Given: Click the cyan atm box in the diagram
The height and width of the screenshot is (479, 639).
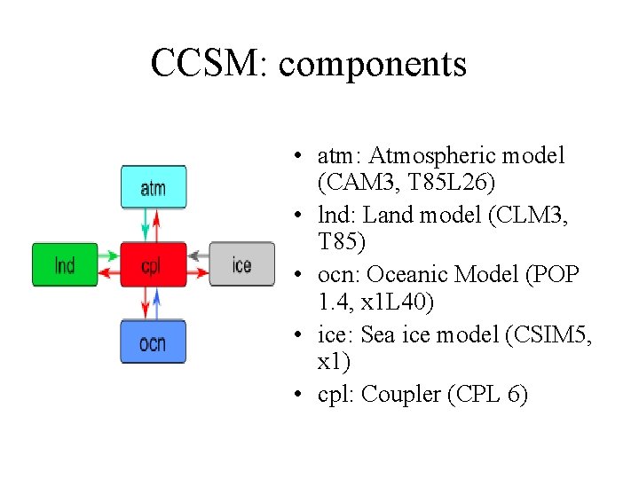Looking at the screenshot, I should [154, 187].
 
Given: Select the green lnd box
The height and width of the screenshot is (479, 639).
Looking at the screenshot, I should [65, 264].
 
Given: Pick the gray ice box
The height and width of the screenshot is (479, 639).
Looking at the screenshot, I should [241, 264].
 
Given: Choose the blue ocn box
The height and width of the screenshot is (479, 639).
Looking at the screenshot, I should [154, 342].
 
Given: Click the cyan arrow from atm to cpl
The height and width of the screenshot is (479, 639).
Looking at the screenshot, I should [148, 225].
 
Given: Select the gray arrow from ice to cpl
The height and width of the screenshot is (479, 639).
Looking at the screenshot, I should [197, 255].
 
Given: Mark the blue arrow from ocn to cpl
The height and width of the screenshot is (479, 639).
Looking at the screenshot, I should [157, 303].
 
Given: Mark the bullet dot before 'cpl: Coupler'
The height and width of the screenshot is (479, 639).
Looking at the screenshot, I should [302, 395].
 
